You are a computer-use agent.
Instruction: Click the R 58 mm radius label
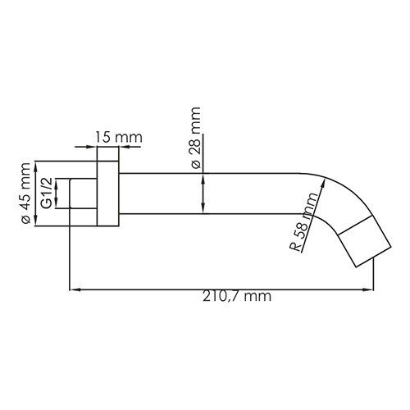[304, 222]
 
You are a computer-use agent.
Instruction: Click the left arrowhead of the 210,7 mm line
[74, 288]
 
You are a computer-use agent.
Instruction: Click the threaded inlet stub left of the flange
[82, 194]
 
